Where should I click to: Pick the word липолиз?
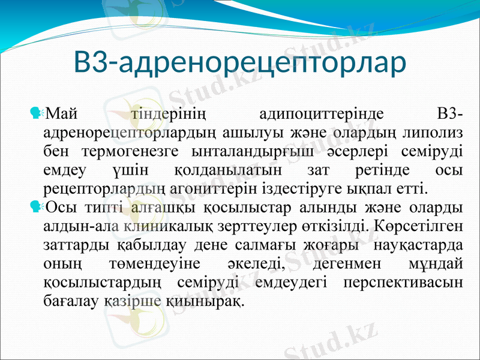431,131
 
